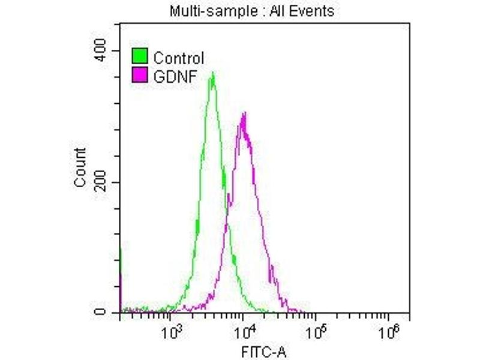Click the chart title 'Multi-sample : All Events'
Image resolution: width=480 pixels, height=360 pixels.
click(x=252, y=11)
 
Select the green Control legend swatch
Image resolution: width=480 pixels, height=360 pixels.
click(x=140, y=58)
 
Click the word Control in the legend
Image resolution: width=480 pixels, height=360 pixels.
click(x=179, y=58)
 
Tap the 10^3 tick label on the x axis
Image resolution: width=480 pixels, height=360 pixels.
click(x=173, y=330)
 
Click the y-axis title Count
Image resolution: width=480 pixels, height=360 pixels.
click(x=80, y=167)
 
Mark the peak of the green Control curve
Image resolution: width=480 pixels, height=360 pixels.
click(x=213, y=74)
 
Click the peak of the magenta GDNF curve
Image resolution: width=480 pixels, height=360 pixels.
click(x=244, y=113)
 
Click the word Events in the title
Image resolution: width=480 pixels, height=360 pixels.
click(x=313, y=11)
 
